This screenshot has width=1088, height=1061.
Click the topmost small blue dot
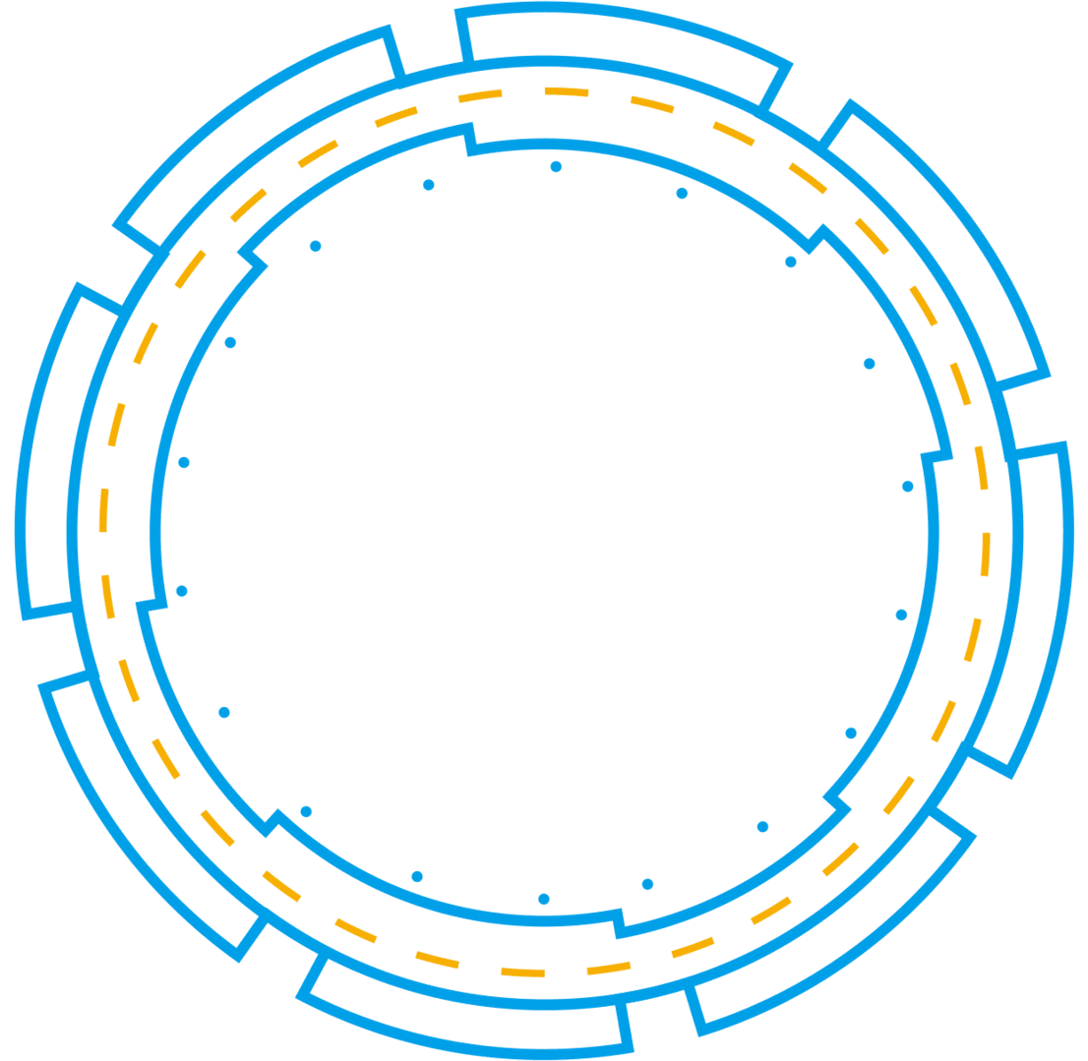coord(556,167)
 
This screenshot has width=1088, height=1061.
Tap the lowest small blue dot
coord(543,899)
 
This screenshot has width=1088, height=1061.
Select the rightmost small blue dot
coord(908,487)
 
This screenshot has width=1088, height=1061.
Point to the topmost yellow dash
coord(567,91)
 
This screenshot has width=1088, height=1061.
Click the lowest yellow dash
coord(522,973)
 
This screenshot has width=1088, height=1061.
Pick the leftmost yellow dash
coord(103,510)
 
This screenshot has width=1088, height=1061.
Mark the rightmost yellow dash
coord(986,555)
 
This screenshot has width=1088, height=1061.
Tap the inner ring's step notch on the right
coord(936,457)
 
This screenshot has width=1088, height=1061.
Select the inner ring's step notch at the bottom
coord(620,922)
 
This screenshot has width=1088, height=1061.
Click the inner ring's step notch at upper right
coord(816,239)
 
